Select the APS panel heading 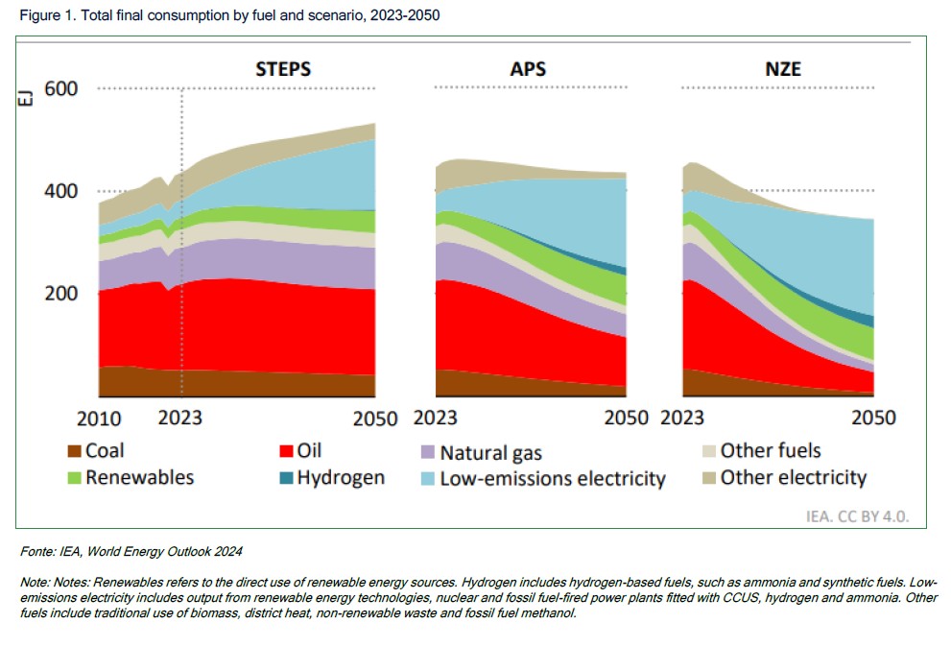[530, 69]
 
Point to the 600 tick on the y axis [60, 89]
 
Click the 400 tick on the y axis [60, 191]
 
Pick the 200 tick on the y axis [60, 293]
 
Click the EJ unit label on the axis [26, 97]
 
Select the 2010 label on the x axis [98, 419]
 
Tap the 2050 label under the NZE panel [873, 418]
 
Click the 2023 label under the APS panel [437, 418]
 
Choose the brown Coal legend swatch [73, 451]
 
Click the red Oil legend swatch [285, 451]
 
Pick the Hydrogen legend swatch [285, 478]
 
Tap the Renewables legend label [139, 477]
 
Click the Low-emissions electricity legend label [552, 478]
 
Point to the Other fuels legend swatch [709, 451]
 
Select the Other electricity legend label [793, 477]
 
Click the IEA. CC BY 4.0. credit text [857, 516]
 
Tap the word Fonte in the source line [37, 552]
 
